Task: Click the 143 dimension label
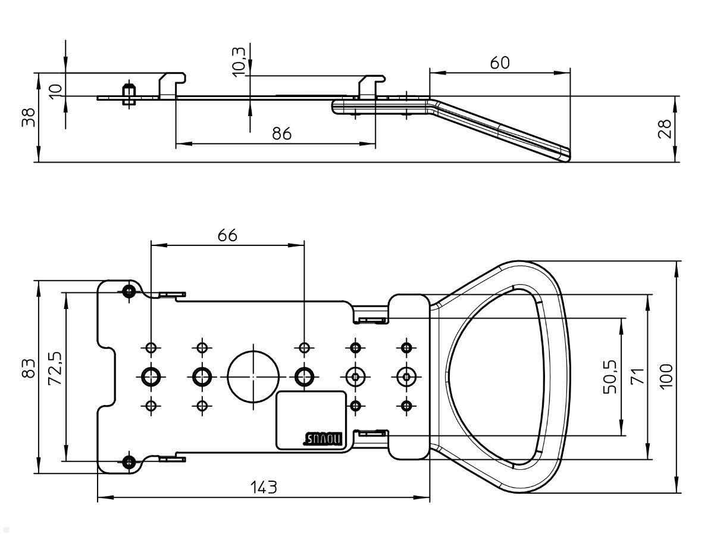coord(263,488)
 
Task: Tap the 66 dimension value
coord(227,235)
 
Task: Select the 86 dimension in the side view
coord(282,133)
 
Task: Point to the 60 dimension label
coord(500,63)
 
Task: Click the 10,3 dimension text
coord(239,60)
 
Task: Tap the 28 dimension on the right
coord(666,129)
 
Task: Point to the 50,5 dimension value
coord(609,376)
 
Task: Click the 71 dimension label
coord(637,376)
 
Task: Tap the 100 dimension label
coord(666,376)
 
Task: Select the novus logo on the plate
coord(325,439)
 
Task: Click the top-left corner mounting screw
coord(129,291)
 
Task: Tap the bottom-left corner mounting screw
coord(129,461)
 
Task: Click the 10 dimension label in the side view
coord(55,91)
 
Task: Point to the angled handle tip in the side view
coord(563,155)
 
